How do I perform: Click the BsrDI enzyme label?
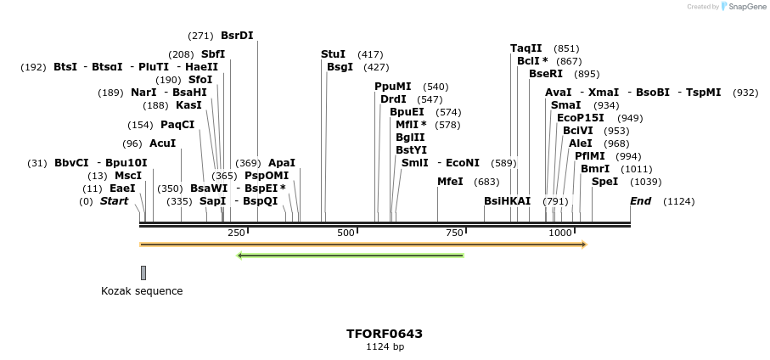[237, 36]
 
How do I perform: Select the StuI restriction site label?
[333, 54]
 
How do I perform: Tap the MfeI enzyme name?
[450, 182]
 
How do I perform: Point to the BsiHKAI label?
[507, 201]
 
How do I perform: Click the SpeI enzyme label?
[604, 182]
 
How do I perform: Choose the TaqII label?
[526, 48]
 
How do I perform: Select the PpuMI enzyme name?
[392, 87]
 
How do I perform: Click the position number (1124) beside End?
[678, 201]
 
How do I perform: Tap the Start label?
[114, 201]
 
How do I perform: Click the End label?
[640, 201]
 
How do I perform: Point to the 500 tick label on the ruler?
[346, 233]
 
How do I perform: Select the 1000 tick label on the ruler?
[560, 233]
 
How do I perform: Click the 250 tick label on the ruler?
[236, 233]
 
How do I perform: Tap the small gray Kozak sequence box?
[143, 273]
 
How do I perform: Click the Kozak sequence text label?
[142, 291]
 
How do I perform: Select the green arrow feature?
[350, 255]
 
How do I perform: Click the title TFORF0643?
[385, 334]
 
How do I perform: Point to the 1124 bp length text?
[385, 347]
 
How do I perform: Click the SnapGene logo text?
[744, 7]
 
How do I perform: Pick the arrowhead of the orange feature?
[583, 245]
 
